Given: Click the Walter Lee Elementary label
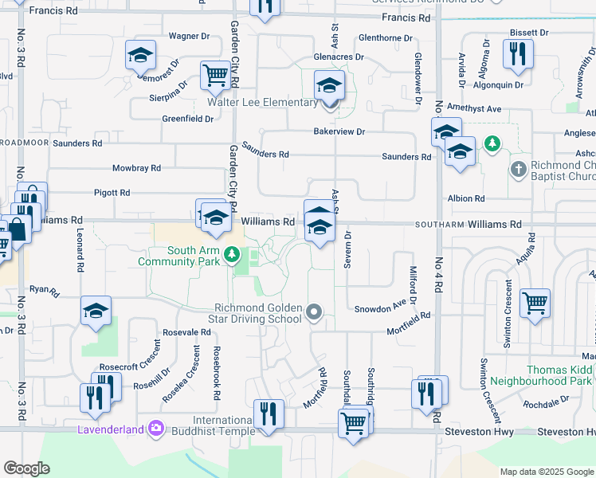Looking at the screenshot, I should [x=262, y=103].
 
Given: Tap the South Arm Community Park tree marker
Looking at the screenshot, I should [x=232, y=255].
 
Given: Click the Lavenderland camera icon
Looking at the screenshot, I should [x=155, y=430].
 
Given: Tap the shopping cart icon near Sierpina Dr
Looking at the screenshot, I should [x=215, y=76].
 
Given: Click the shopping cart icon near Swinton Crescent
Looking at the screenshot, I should [x=535, y=303].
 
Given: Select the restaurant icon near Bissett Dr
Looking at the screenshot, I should [x=518, y=53].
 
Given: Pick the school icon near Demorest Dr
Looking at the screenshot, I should [x=140, y=55].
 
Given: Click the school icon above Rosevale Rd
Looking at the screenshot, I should [x=96, y=311].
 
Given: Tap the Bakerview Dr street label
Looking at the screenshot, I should [x=339, y=131].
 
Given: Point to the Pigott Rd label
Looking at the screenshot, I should [x=112, y=193].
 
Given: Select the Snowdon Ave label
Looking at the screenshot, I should [x=381, y=308].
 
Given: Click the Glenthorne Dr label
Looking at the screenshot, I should [x=386, y=38].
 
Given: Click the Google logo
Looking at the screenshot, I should [x=27, y=468].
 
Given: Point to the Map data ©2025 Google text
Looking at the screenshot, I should [x=546, y=472].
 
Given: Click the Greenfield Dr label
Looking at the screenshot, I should [x=188, y=119].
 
